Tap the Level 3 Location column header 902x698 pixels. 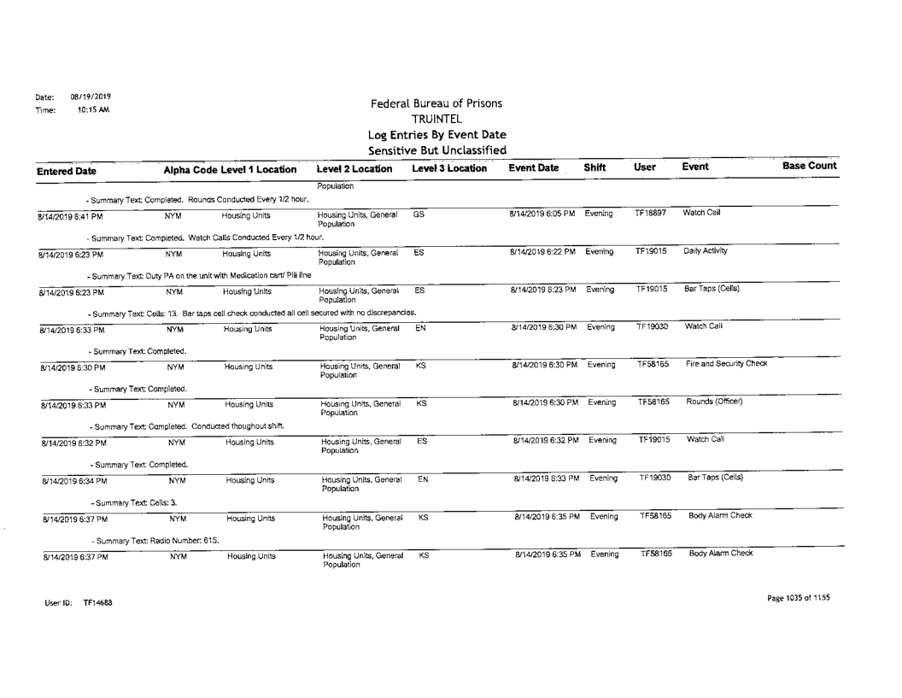click(x=438, y=168)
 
